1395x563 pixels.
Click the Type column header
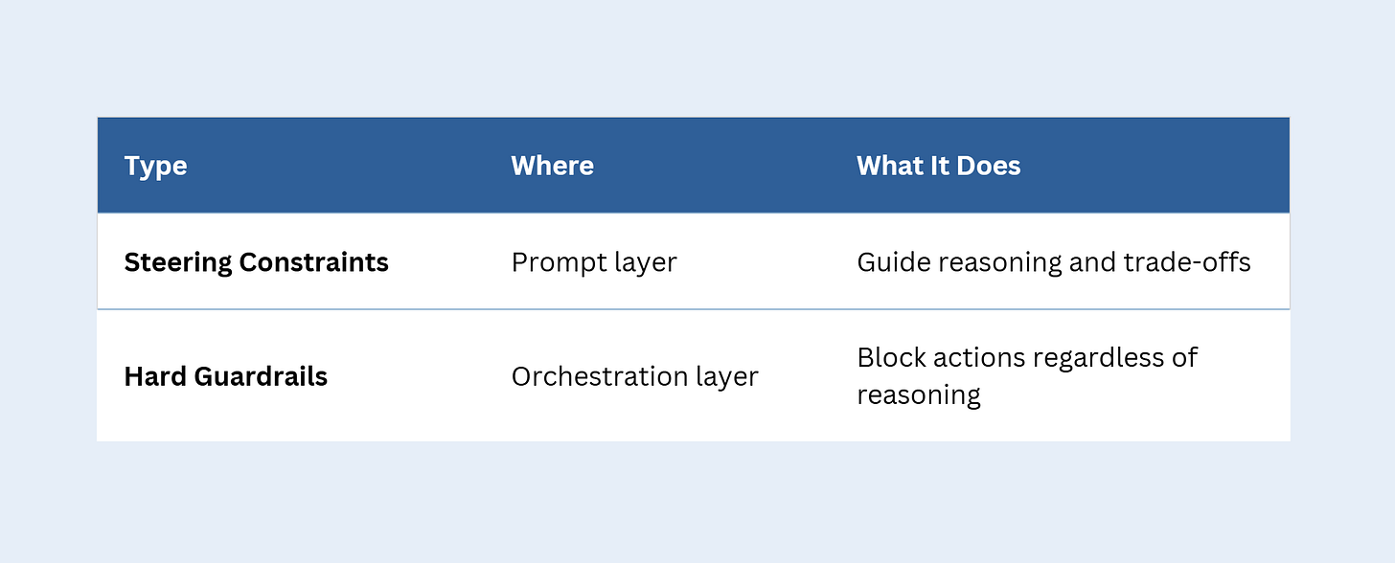click(155, 166)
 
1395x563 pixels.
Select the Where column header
click(552, 166)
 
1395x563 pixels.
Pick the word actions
click(971, 357)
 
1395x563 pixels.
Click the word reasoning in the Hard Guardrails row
click(918, 395)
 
